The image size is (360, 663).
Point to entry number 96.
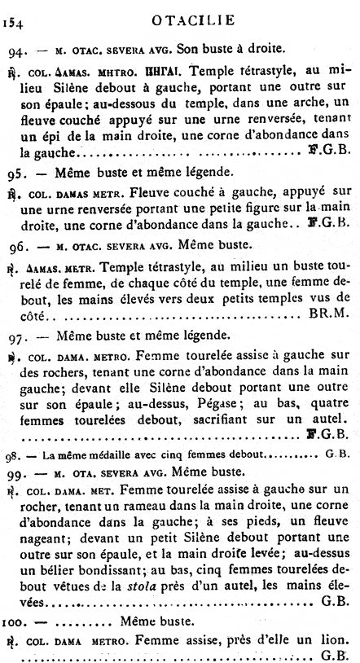pos(18,244)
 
